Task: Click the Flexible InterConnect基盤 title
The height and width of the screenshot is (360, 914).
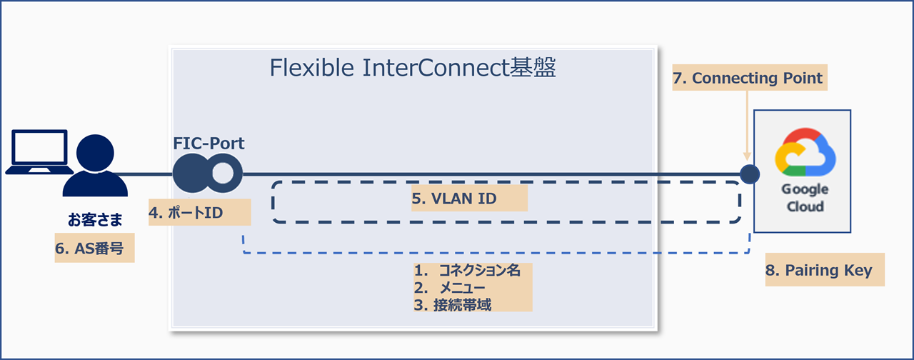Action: click(413, 68)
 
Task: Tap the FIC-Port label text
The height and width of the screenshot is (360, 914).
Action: click(209, 143)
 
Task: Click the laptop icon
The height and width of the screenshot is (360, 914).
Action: click(36, 152)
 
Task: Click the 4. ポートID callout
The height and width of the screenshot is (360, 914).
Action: click(199, 213)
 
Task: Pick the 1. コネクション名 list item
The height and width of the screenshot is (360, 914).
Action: click(472, 271)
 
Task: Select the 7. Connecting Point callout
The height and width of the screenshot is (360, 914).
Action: click(748, 78)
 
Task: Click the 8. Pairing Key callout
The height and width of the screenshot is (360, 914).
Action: click(824, 271)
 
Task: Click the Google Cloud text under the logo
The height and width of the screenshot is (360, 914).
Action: click(805, 198)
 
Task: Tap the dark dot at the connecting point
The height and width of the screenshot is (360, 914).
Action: click(748, 174)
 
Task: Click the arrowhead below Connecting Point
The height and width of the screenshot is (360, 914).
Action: click(748, 156)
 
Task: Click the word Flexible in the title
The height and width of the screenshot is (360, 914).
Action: click(311, 68)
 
